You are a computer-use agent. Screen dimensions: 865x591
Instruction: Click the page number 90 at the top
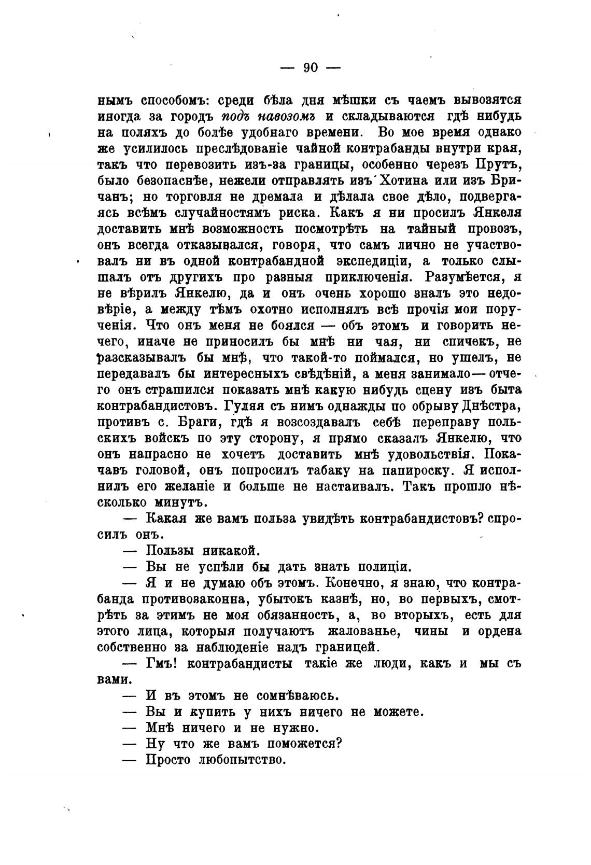(x=311, y=67)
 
